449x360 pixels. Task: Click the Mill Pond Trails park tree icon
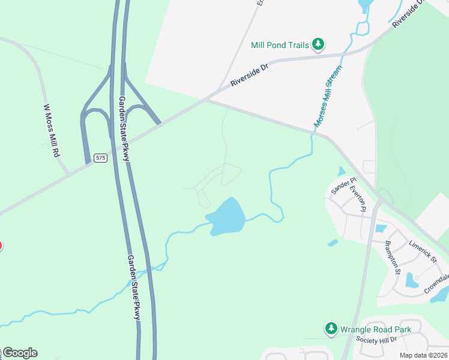click(x=318, y=44)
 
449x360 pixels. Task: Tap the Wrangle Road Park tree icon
click(x=331, y=328)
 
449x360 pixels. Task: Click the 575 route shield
click(x=101, y=158)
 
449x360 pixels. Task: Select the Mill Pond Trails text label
click(x=280, y=45)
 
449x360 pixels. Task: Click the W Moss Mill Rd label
click(x=52, y=131)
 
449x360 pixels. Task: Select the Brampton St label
click(x=393, y=256)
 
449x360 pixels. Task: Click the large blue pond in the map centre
click(x=226, y=216)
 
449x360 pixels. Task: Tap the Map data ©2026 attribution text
click(x=423, y=355)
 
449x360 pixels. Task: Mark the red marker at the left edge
click(x=1, y=245)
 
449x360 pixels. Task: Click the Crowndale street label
click(x=436, y=283)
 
